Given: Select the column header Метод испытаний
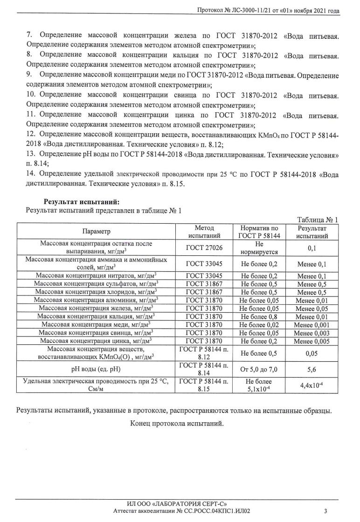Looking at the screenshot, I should pyautogui.click(x=204, y=232).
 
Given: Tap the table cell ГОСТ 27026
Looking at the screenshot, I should pyautogui.click(x=204, y=248).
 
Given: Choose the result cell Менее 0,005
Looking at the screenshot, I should pyautogui.click(x=312, y=341).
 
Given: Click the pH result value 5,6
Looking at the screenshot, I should pyautogui.click(x=312, y=370).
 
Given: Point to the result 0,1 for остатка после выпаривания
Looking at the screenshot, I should pyautogui.click(x=312, y=248).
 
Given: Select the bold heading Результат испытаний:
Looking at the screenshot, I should pyautogui.click(x=82, y=202).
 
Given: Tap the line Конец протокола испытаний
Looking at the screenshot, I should pyautogui.click(x=177, y=424).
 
